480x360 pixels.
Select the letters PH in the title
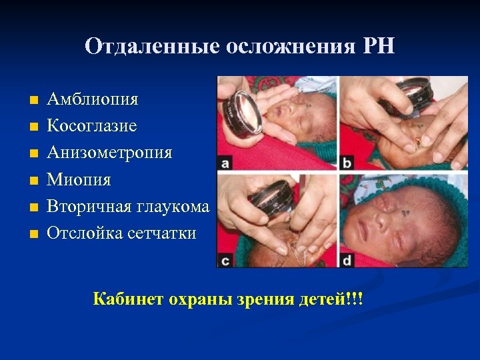tap(379, 46)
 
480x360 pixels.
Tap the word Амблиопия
tap(93, 99)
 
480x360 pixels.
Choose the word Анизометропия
tap(109, 153)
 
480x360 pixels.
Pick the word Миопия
tap(79, 179)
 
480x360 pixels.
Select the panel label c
tap(225, 260)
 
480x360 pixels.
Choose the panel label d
tap(347, 260)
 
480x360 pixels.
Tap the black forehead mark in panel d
tap(405, 212)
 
